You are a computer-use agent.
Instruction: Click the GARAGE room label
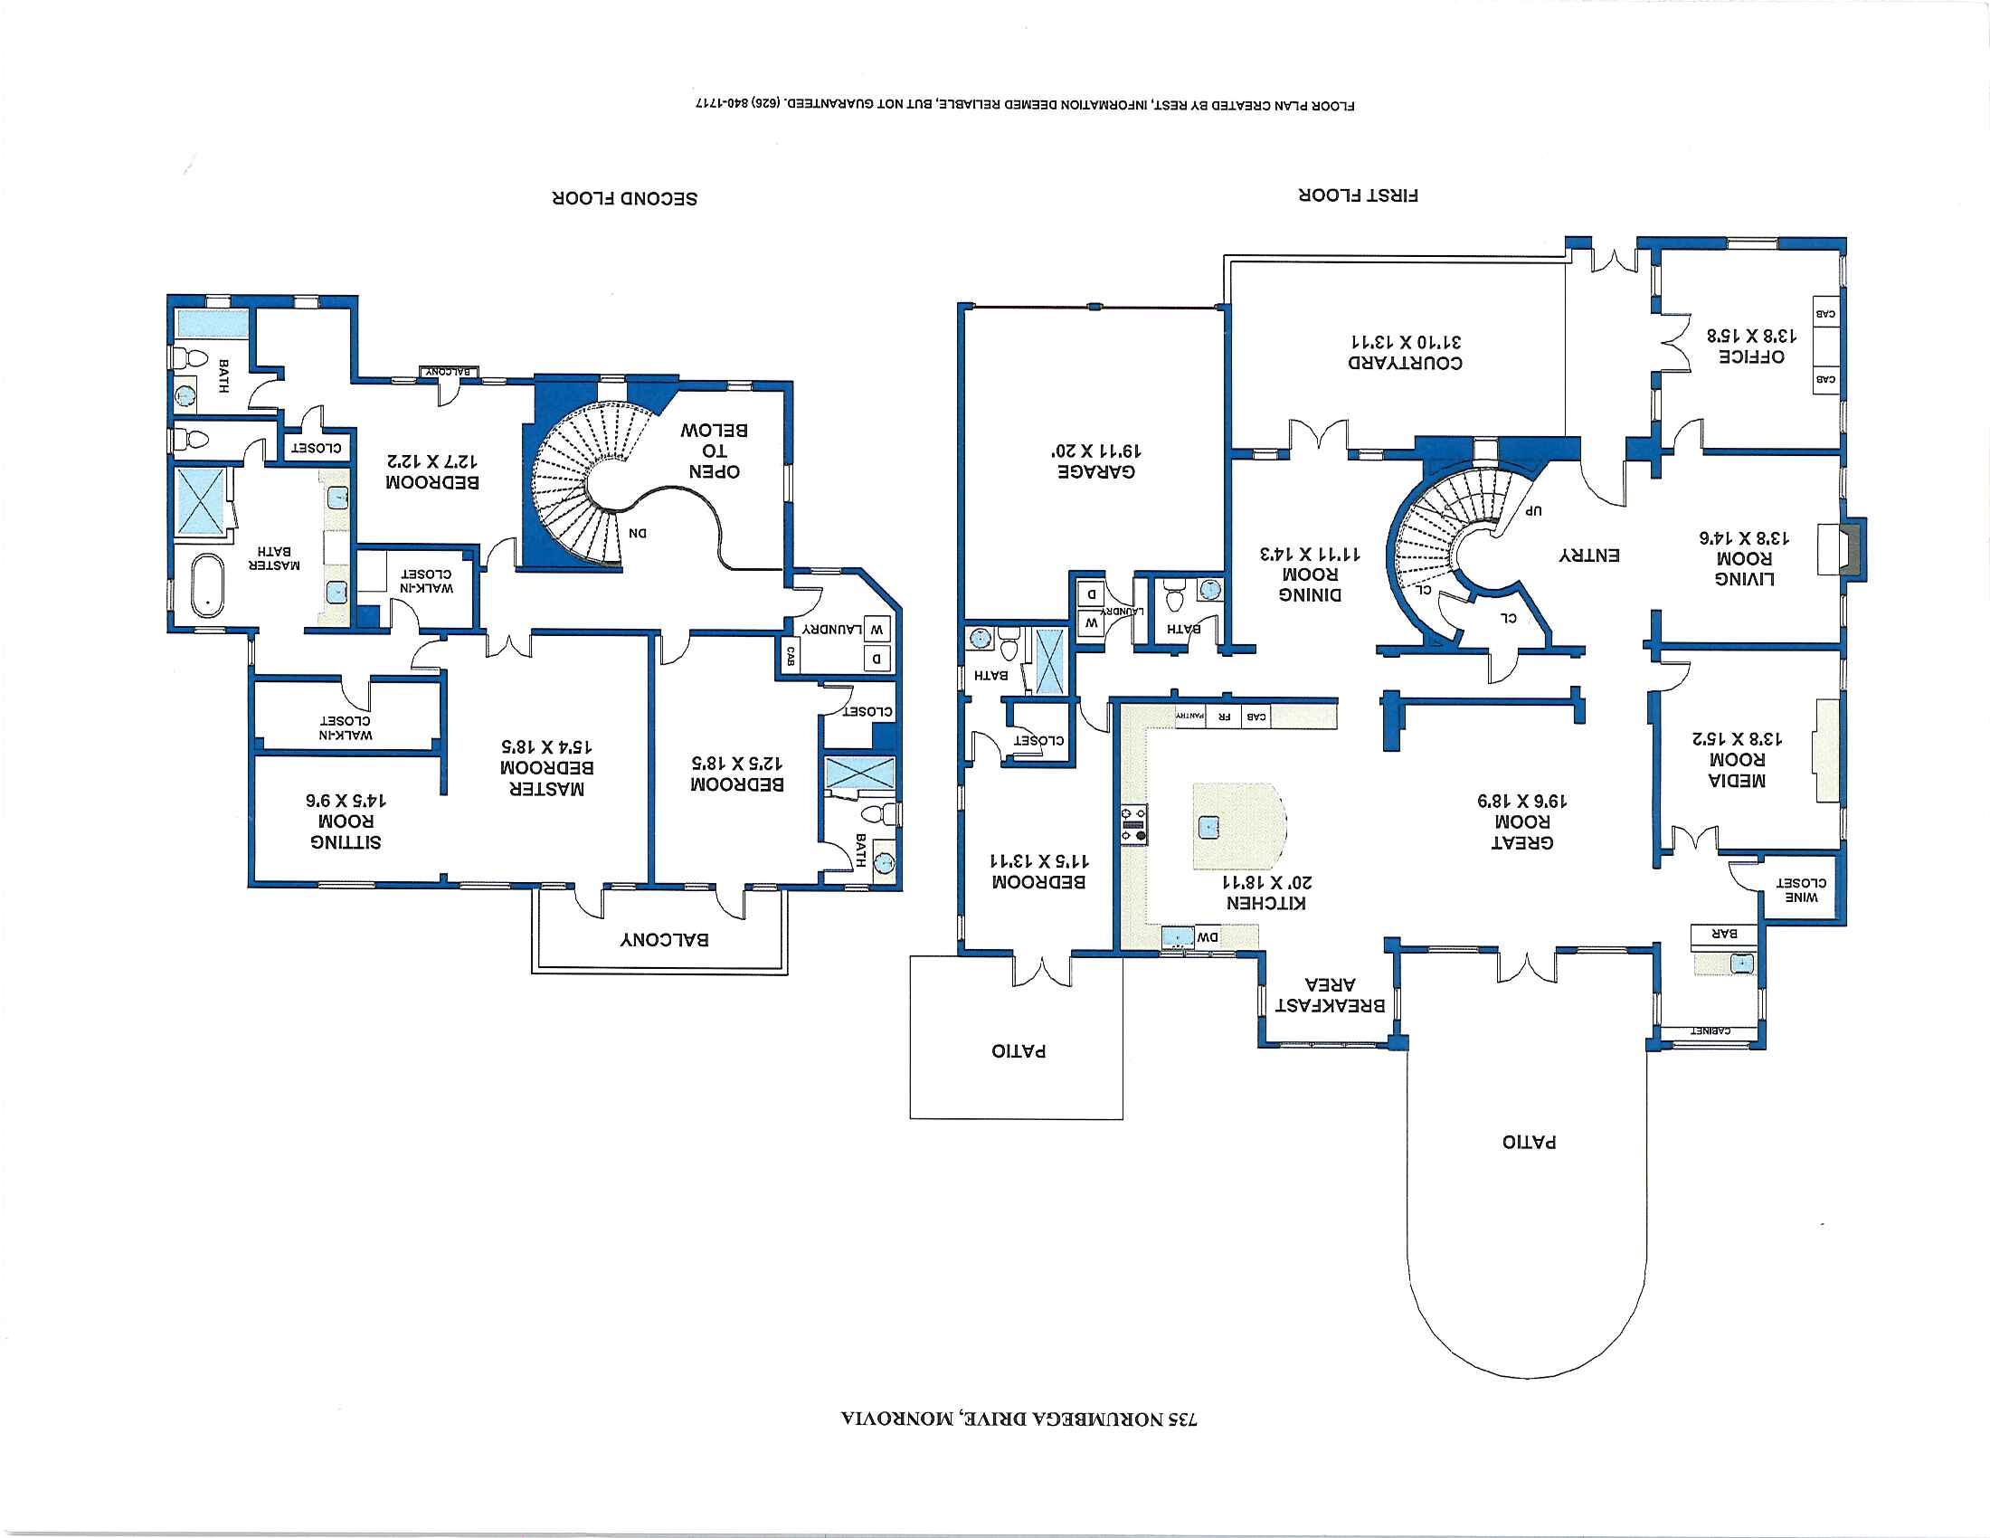pyautogui.click(x=1096, y=472)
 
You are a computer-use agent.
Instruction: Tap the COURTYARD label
pyautogui.click(x=1405, y=363)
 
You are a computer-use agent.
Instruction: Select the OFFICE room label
pyautogui.click(x=1751, y=356)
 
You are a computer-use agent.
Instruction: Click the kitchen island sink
pyautogui.click(x=1209, y=827)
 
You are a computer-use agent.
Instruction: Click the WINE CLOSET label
pyautogui.click(x=1800, y=889)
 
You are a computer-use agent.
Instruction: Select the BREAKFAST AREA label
pyautogui.click(x=1331, y=995)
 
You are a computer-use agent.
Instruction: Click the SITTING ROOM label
pyautogui.click(x=346, y=831)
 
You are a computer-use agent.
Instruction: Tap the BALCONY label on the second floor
pyautogui.click(x=664, y=939)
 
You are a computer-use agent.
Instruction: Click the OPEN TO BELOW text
pyautogui.click(x=715, y=451)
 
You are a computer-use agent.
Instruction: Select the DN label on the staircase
pyautogui.click(x=638, y=533)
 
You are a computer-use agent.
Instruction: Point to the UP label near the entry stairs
pyautogui.click(x=1534, y=510)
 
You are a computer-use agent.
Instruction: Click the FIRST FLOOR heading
pyautogui.click(x=1358, y=195)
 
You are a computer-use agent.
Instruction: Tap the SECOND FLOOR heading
pyautogui.click(x=624, y=199)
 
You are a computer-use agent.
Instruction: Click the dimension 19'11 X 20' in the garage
pyautogui.click(x=1096, y=451)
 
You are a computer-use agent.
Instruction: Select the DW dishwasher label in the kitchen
pyautogui.click(x=1207, y=936)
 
